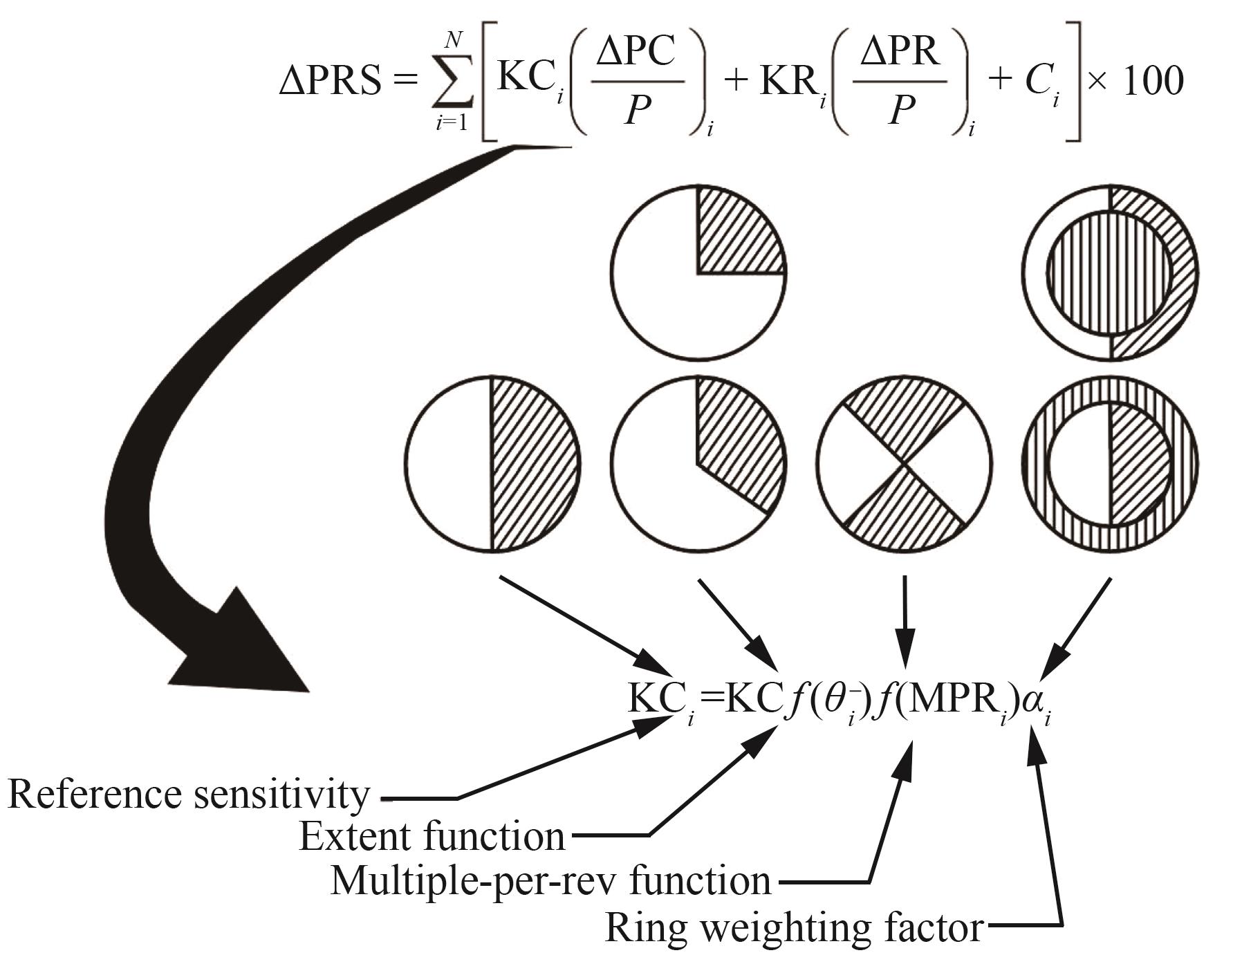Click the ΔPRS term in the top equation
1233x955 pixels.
pos(330,82)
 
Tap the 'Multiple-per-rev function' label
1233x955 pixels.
pos(550,882)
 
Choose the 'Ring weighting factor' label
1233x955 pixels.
pos(794,927)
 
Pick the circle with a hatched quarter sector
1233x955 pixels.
pos(698,272)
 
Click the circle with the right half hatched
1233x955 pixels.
pos(492,464)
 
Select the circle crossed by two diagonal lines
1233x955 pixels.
pos(904,464)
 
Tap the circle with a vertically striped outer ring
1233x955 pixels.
pos(1110,464)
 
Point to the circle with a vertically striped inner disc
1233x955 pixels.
pos(1110,272)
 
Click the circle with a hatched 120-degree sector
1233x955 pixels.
pos(698,464)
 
